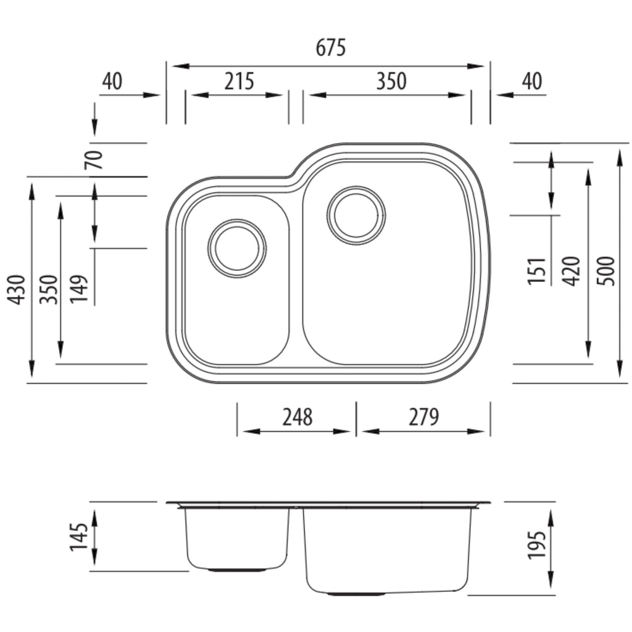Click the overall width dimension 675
(x=331, y=48)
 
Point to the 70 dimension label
(x=94, y=160)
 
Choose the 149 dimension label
(x=79, y=289)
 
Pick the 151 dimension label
(x=537, y=270)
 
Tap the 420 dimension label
(x=571, y=271)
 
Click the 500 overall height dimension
(x=606, y=271)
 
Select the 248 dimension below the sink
(x=297, y=417)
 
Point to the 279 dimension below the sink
(x=423, y=417)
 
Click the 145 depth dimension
(x=78, y=537)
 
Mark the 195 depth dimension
(x=537, y=545)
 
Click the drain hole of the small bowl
(x=237, y=248)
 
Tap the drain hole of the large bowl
(x=356, y=215)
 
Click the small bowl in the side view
(x=237, y=538)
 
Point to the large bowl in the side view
(x=387, y=550)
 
